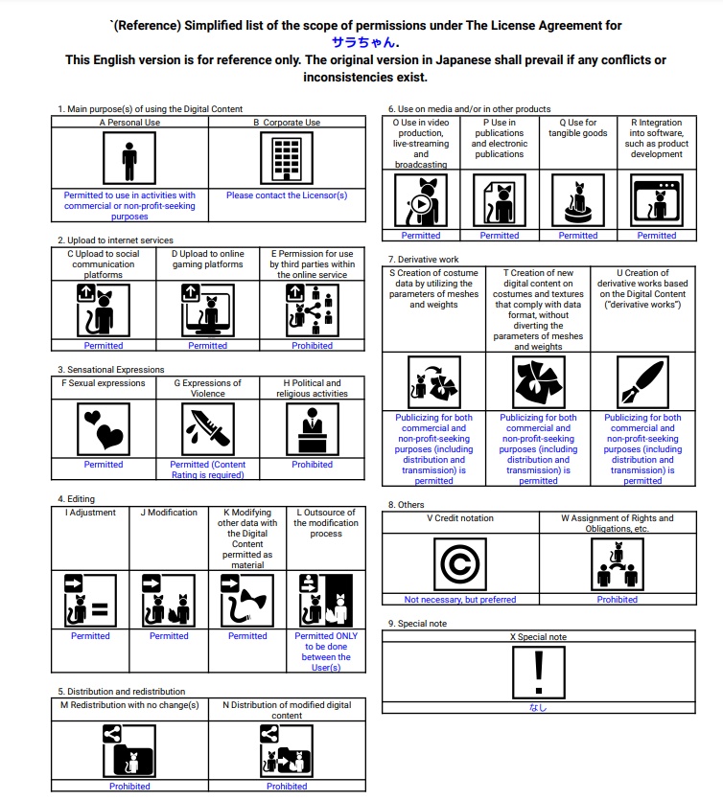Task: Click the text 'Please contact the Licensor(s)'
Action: [287, 195]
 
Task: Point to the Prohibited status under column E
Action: [313, 346]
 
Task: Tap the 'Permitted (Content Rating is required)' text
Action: [208, 469]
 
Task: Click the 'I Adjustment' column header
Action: [90, 513]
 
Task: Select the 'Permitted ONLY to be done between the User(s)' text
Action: [326, 651]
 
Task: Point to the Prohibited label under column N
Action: [287, 787]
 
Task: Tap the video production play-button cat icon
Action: [421, 200]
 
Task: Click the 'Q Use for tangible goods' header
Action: [578, 128]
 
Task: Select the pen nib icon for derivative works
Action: [642, 382]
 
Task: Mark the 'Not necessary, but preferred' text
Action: [460, 600]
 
